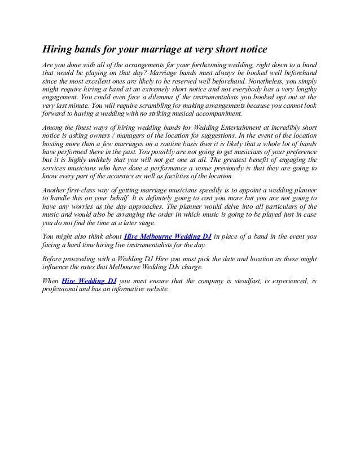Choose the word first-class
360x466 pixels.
[x=89, y=193]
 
